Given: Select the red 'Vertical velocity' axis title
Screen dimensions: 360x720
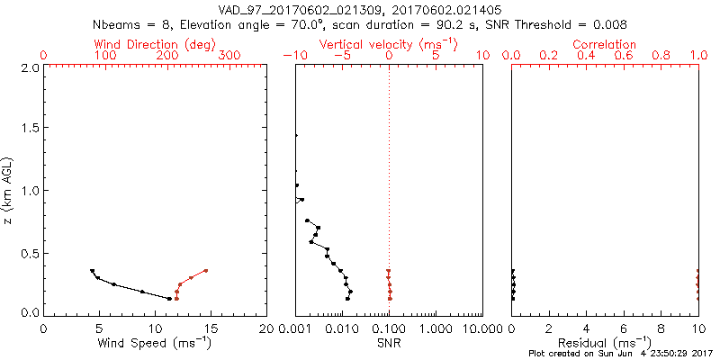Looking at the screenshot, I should [387, 44].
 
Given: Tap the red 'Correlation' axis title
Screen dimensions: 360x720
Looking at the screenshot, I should [605, 44].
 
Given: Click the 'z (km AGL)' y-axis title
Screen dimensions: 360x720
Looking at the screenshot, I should [11, 189].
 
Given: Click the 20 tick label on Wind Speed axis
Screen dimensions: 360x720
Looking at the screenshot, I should [267, 328].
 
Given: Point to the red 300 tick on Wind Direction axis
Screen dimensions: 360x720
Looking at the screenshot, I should [229, 56].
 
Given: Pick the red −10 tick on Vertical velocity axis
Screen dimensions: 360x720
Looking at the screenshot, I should [293, 56].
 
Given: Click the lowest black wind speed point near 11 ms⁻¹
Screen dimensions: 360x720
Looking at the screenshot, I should [169, 298].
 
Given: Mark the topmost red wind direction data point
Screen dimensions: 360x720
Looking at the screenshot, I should [205, 270].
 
